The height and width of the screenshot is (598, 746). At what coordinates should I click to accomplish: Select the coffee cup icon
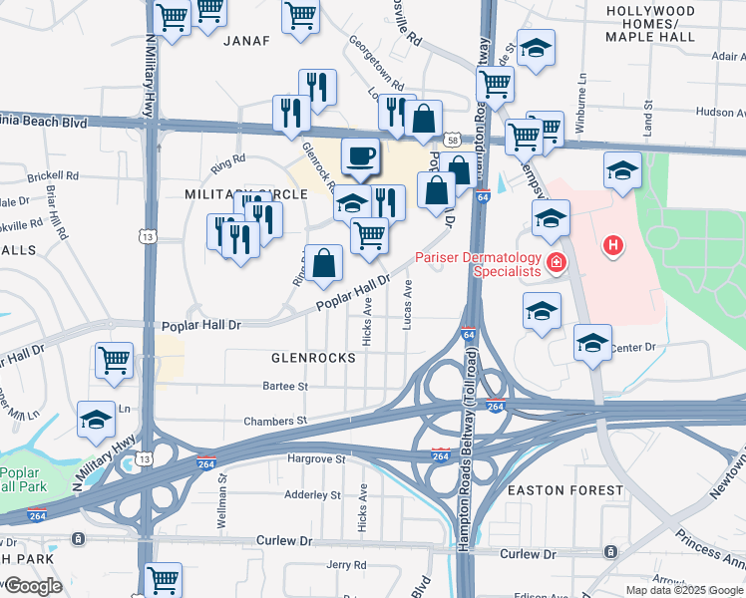click(x=359, y=156)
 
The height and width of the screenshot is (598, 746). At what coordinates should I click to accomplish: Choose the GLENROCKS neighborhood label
click(x=313, y=357)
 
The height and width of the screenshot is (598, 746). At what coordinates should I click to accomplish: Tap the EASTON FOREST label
click(x=564, y=490)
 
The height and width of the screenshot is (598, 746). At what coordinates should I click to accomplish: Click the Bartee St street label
click(x=285, y=386)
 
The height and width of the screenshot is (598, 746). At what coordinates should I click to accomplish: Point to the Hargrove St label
click(x=315, y=459)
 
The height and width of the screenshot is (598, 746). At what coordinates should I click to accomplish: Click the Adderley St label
click(x=313, y=494)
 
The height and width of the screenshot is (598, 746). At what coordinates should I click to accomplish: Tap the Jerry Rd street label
click(x=346, y=565)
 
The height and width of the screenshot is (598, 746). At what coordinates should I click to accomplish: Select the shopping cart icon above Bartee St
click(x=115, y=360)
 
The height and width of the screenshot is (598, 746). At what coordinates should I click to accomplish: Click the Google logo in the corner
click(x=32, y=586)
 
